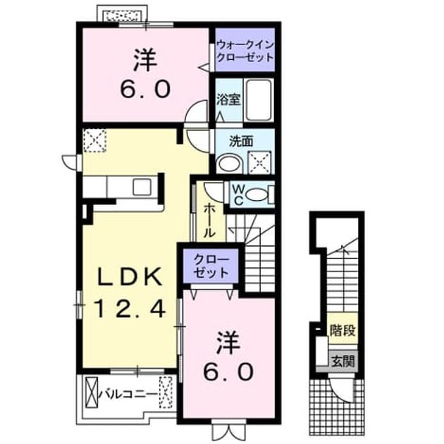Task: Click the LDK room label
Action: pos(130,277)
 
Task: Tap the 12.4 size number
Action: pos(130,309)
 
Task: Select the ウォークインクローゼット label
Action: pos(245,51)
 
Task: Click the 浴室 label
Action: pos(228,99)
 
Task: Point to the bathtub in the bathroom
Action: pos(258,99)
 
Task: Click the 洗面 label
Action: pos(241,141)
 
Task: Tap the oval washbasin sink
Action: pos(230,164)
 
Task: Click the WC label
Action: pos(238,195)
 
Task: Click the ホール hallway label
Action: pos(210,221)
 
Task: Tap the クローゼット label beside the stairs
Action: pos(211,266)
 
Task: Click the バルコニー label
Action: pos(128,395)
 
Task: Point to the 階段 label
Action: pos(343,330)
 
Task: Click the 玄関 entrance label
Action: pos(343,361)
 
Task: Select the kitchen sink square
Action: pos(142,187)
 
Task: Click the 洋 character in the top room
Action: pos(145,61)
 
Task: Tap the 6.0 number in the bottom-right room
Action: pos(228,372)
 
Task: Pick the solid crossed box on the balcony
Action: pos(91,392)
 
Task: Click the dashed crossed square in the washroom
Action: pos(259,163)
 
